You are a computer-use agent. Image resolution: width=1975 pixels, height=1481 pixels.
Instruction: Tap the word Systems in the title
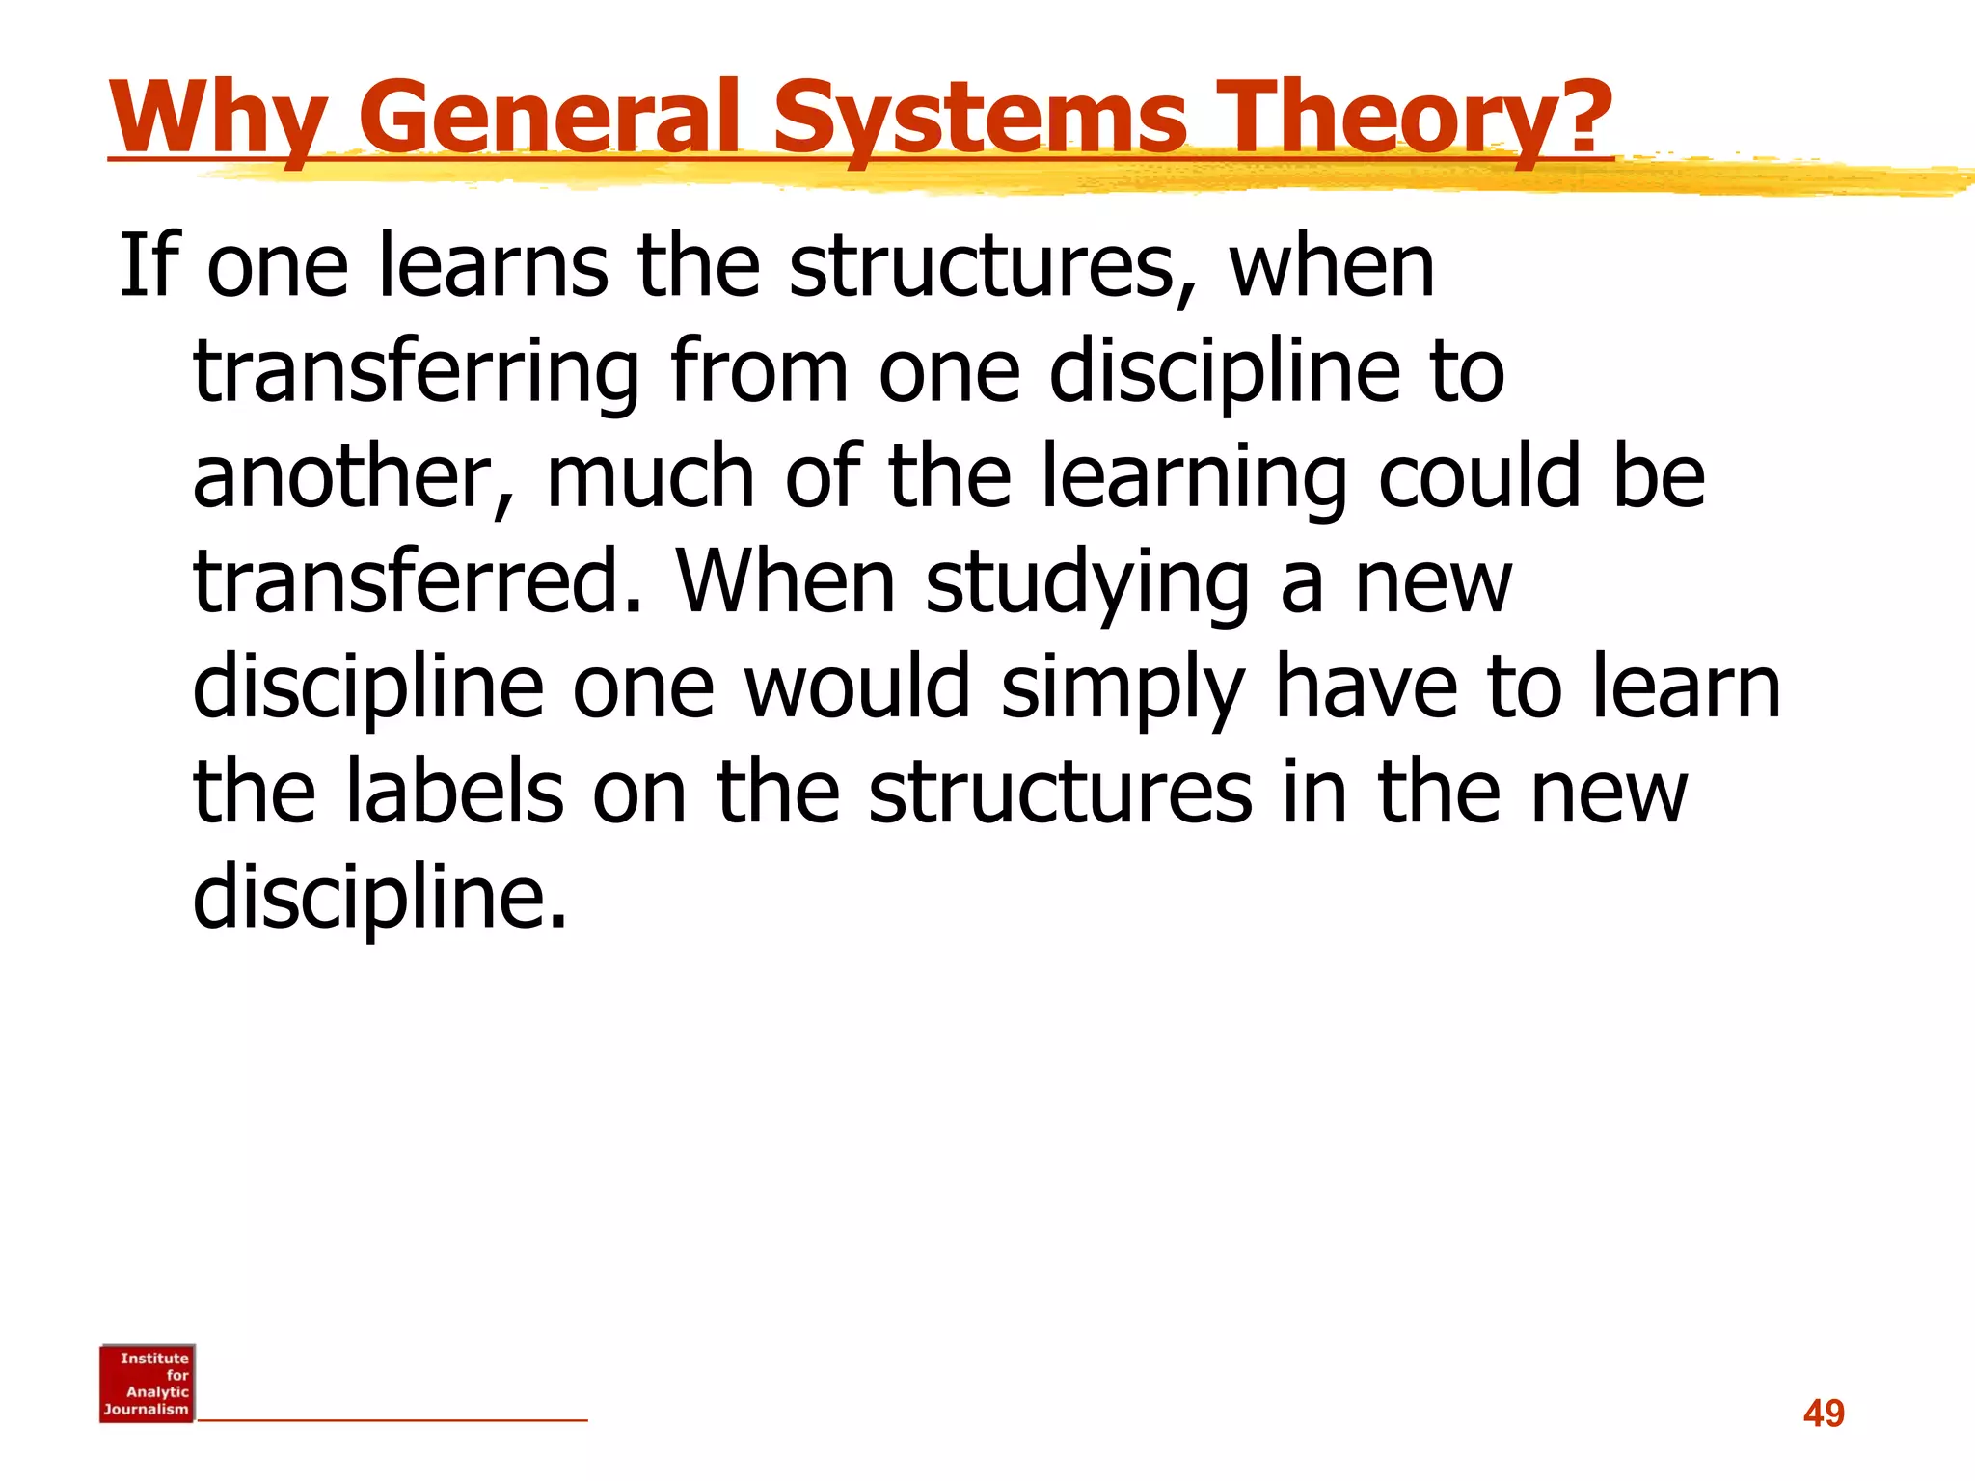coord(980,118)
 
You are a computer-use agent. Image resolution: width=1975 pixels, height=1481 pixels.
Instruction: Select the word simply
coord(1123,689)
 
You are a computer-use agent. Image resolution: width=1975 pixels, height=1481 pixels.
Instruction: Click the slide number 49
coord(1824,1414)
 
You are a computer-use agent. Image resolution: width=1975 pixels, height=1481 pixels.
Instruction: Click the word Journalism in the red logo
coord(147,1410)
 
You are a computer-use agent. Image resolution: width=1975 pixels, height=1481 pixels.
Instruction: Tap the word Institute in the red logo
coord(154,1359)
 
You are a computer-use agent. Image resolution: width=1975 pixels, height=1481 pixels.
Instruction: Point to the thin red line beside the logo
coord(392,1420)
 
